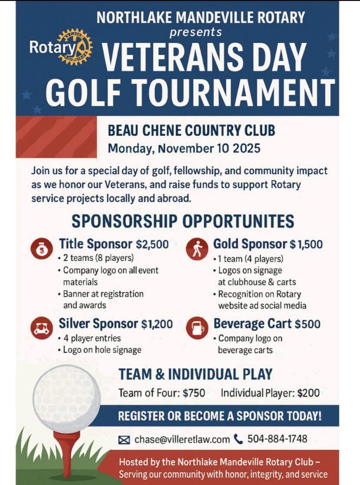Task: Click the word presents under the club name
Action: pos(196,32)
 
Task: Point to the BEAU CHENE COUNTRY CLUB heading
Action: pos(191,130)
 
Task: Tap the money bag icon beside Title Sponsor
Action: pos(39,249)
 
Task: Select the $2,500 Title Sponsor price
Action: pos(152,244)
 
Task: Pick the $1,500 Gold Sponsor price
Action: pos(306,244)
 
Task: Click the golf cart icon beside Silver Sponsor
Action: pos(39,328)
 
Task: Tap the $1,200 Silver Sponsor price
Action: pos(157,324)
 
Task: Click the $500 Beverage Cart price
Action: pos(308,324)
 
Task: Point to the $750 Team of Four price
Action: pos(194,393)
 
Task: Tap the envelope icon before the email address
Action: pos(124,440)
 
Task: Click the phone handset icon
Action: pos(239,439)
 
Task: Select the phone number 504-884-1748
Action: pos(277,439)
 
